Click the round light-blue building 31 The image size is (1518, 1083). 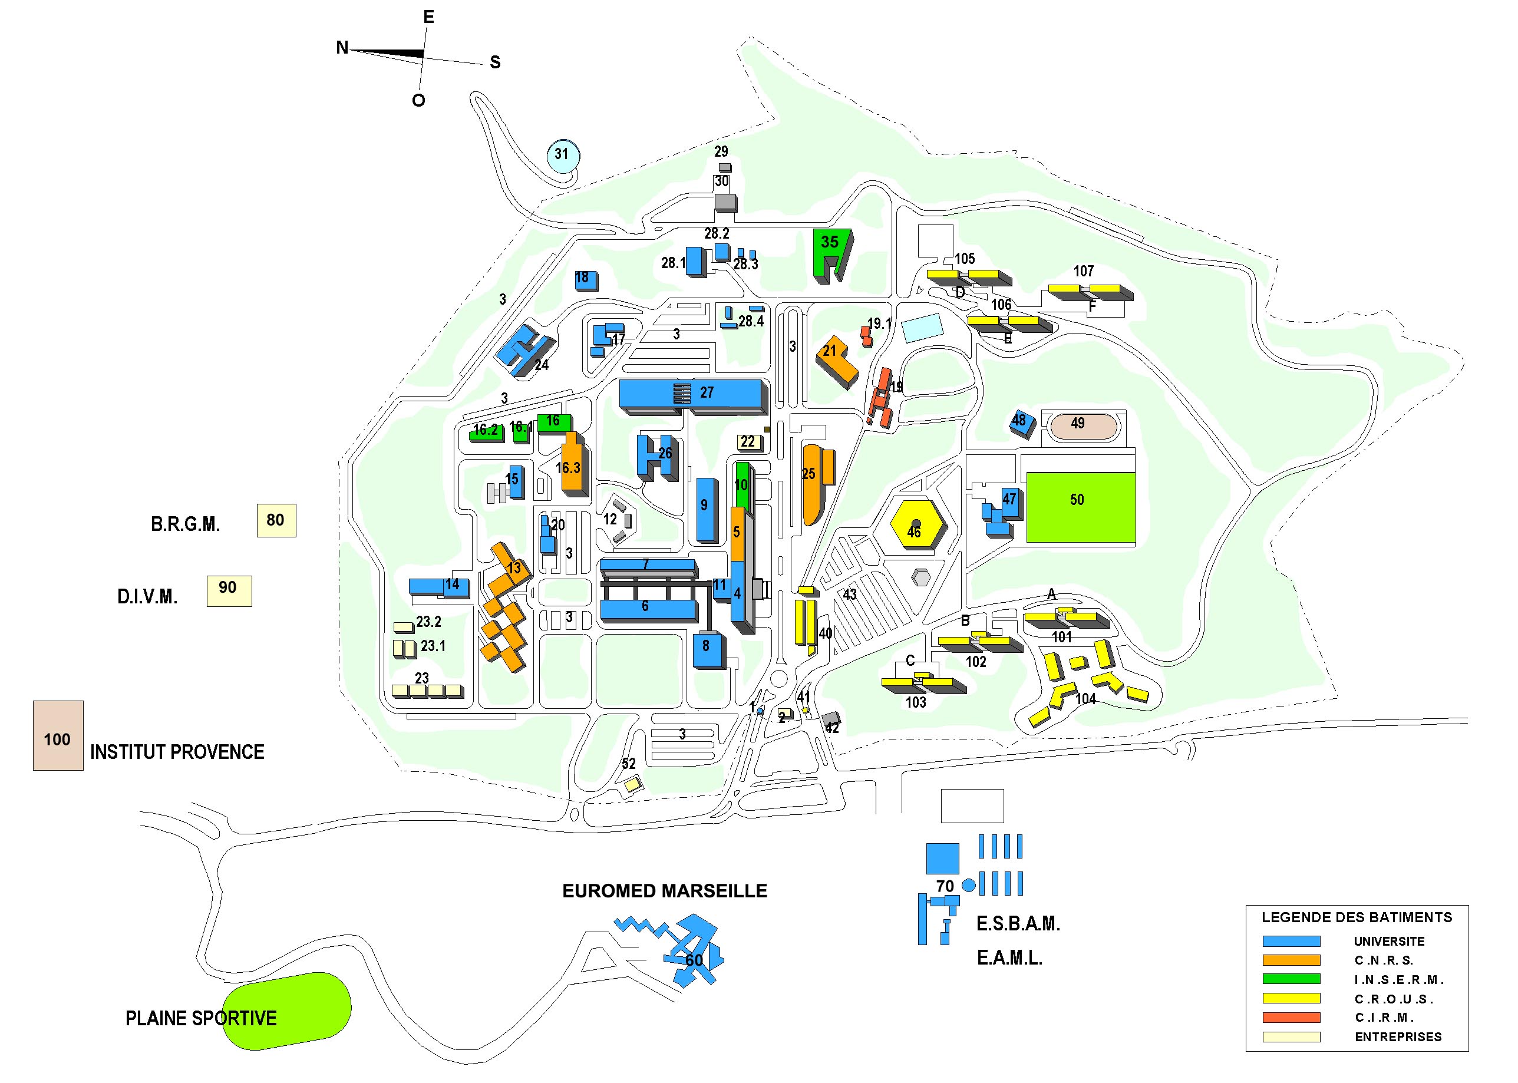pyautogui.click(x=562, y=156)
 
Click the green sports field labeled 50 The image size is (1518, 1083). pyautogui.click(x=1080, y=506)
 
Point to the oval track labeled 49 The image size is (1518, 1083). pyautogui.click(x=1083, y=426)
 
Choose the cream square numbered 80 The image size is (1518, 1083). pyautogui.click(x=276, y=520)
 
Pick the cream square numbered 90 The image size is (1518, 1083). pyautogui.click(x=229, y=590)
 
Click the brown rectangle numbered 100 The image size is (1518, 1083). pyautogui.click(x=58, y=735)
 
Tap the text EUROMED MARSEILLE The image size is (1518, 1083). pyautogui.click(x=664, y=890)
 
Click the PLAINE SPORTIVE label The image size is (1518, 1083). pyautogui.click(x=201, y=1018)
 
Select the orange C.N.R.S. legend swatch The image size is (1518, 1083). pyautogui.click(x=1291, y=960)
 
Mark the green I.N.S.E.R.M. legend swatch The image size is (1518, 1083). pyautogui.click(x=1291, y=979)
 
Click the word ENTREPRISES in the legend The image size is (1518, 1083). pyautogui.click(x=1398, y=1037)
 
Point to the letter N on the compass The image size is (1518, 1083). pyautogui.click(x=342, y=48)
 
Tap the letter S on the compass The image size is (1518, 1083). pyautogui.click(x=495, y=62)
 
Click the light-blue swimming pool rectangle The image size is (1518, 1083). pyautogui.click(x=921, y=328)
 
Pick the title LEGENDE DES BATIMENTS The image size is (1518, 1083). pyautogui.click(x=1356, y=917)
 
